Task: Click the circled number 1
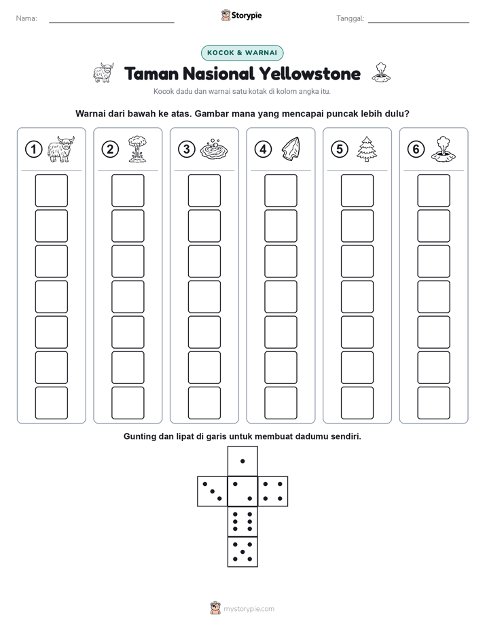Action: (x=33, y=150)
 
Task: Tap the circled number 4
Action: (x=263, y=150)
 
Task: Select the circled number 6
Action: (x=416, y=150)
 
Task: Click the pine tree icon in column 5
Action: (x=366, y=149)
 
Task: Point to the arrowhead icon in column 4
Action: (x=291, y=149)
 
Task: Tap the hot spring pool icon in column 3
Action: (x=214, y=150)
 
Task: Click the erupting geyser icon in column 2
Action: (x=137, y=149)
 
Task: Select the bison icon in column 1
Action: (x=61, y=149)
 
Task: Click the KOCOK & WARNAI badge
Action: (x=242, y=53)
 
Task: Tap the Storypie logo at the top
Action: (x=242, y=16)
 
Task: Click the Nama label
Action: (x=26, y=18)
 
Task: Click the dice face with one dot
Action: (x=242, y=461)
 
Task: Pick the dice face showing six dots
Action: (x=242, y=521)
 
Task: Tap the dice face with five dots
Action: (x=242, y=552)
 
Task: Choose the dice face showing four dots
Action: (x=273, y=491)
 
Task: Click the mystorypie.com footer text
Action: (x=249, y=609)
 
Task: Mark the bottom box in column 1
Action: (x=51, y=403)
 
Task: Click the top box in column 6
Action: (x=434, y=190)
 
